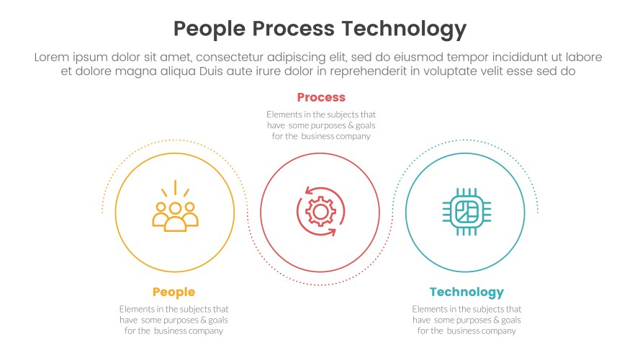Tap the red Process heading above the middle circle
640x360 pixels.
[321, 97]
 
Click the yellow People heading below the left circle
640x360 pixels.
[173, 292]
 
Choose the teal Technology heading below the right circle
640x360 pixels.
[467, 292]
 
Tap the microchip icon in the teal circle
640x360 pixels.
[465, 212]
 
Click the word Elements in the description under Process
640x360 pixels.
[284, 114]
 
